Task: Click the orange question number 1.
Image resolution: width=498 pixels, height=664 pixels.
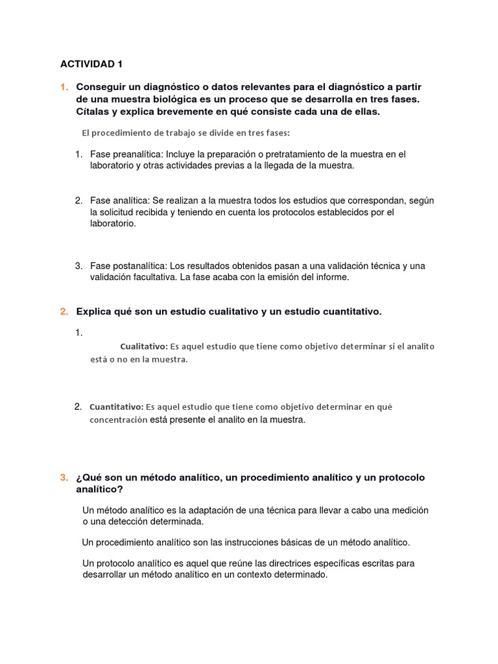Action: (x=64, y=87)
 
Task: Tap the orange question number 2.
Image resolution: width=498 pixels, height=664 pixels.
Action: (x=64, y=312)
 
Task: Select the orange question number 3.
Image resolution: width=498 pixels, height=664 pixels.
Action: (x=64, y=478)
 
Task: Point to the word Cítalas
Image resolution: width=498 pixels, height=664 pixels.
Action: (x=93, y=112)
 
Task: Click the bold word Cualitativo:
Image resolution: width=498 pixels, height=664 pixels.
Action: (x=144, y=346)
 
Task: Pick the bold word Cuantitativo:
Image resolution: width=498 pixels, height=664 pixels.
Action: (x=116, y=407)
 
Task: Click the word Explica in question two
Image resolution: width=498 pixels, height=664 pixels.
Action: (x=95, y=312)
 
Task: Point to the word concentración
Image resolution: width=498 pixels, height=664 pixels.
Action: (x=119, y=420)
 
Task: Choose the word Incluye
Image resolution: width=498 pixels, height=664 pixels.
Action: (x=184, y=154)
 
